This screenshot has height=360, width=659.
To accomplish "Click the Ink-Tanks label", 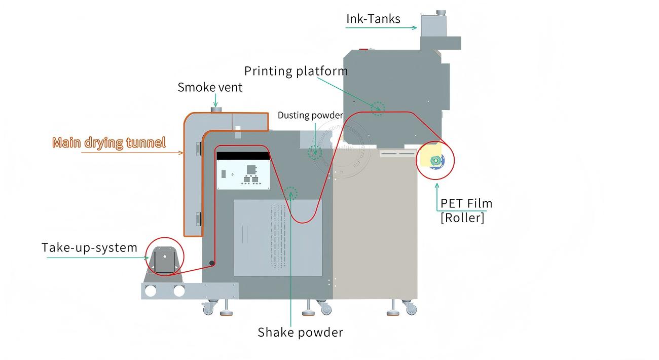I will (373, 19).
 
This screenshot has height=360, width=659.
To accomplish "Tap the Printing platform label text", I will (296, 71).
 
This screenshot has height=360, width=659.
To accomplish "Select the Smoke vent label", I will (210, 87).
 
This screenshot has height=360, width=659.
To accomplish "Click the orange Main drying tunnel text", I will (109, 142).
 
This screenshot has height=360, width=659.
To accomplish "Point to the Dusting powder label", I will (310, 115).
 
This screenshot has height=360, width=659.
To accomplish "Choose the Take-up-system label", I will (89, 247).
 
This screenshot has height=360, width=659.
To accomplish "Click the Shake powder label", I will (300, 332).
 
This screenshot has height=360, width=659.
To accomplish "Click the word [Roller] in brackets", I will (462, 218).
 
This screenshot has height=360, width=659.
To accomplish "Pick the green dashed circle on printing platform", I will (378, 108).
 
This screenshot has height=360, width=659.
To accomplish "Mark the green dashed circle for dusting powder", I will (315, 151).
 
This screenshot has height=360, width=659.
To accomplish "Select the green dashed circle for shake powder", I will (290, 193).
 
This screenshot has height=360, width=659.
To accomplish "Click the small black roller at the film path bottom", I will (212, 263).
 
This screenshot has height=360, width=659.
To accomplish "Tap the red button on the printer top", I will (363, 50).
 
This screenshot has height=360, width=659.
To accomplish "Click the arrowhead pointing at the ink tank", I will (415, 28).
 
